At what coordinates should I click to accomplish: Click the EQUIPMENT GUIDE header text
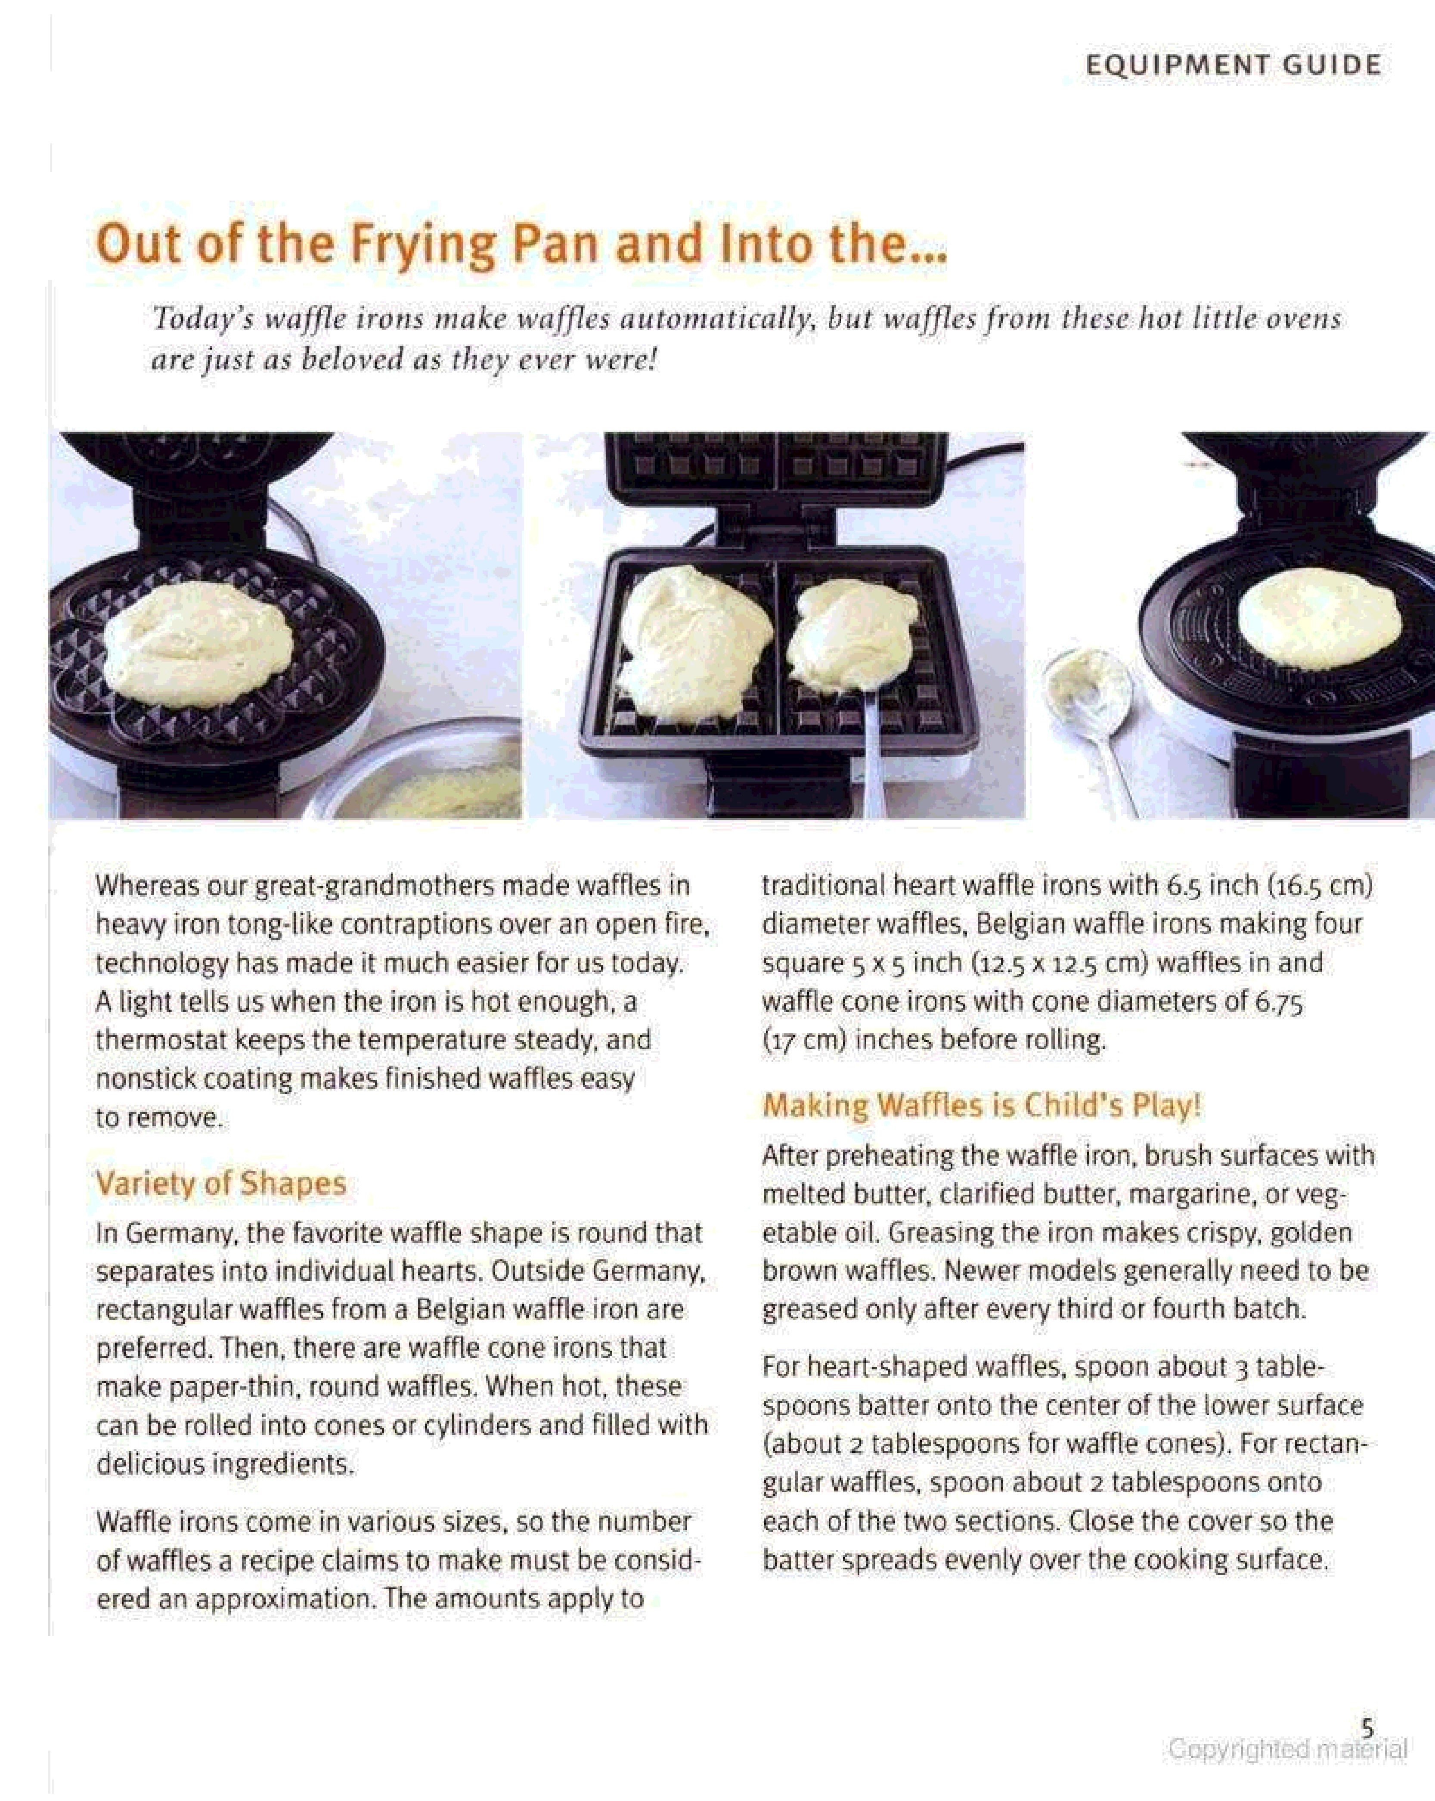pos(1234,65)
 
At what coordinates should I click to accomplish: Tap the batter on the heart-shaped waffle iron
pos(198,644)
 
